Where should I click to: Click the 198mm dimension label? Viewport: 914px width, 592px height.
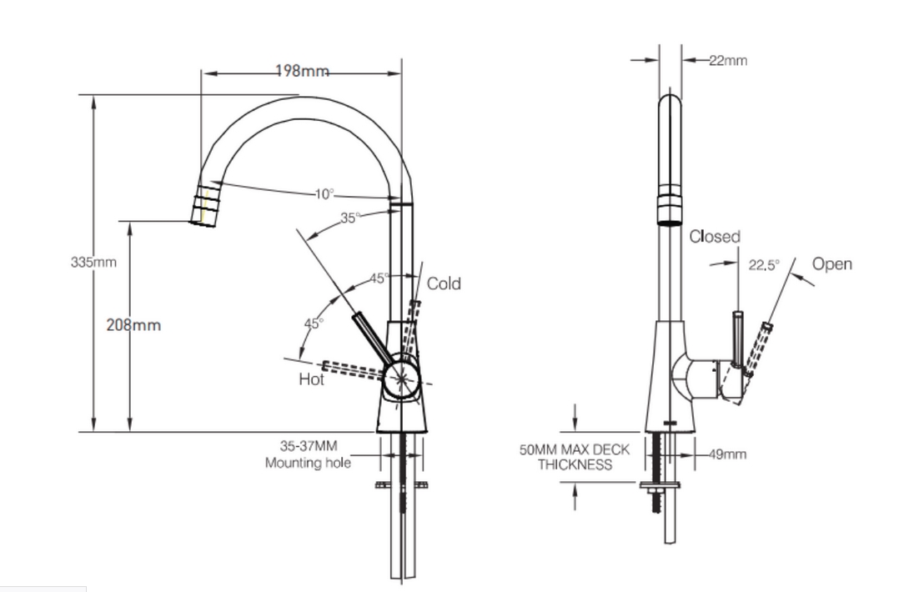[x=301, y=72]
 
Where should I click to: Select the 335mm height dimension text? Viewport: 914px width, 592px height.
[x=93, y=263]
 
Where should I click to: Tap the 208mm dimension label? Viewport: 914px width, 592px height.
[x=133, y=325]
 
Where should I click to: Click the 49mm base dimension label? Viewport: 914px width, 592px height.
[x=728, y=454]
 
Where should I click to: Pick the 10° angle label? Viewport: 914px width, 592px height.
[x=324, y=194]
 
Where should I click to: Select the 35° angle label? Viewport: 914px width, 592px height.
[x=351, y=218]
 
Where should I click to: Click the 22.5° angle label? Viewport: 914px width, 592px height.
[x=763, y=265]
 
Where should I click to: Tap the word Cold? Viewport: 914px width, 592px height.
[x=444, y=283]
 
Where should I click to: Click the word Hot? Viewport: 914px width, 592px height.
[x=311, y=380]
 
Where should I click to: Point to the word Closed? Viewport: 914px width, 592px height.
[x=715, y=237]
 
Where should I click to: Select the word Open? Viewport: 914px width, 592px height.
[x=832, y=264]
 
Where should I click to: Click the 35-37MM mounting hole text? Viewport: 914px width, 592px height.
[x=309, y=454]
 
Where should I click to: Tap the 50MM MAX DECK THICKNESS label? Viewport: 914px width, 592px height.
[x=575, y=457]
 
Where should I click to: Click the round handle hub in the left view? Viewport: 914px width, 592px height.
[x=402, y=378]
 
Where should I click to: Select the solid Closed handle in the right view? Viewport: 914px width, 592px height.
[x=737, y=338]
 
